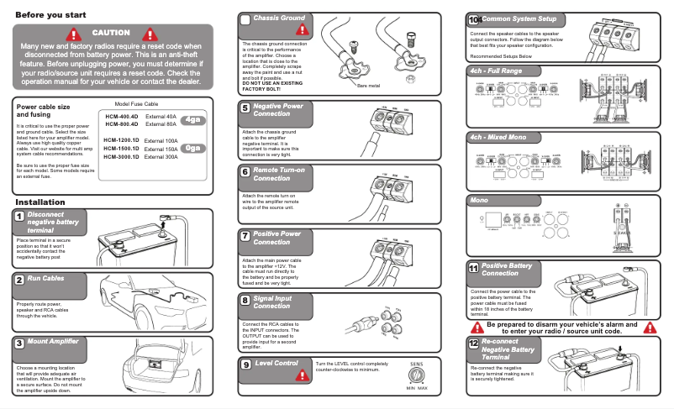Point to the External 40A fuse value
[x=161, y=117]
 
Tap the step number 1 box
[x=18, y=217]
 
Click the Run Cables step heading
[x=45, y=278]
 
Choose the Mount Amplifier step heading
[x=53, y=342]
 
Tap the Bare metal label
[x=369, y=86]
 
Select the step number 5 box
[x=245, y=107]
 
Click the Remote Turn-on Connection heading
[x=277, y=173]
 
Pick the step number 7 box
[x=245, y=237]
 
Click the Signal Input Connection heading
[x=273, y=302]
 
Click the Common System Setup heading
[x=513, y=18]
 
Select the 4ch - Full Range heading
[x=496, y=71]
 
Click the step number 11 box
[x=474, y=269]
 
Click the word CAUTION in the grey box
[x=111, y=33]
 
